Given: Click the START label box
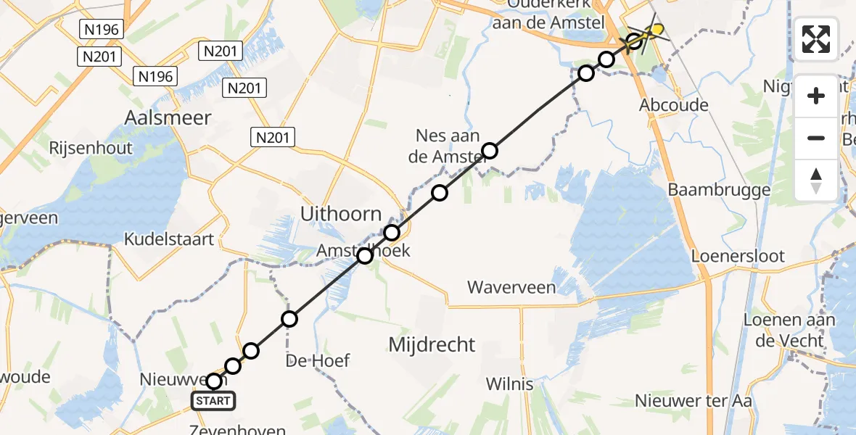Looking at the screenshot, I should point(213,401).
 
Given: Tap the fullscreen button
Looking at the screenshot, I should point(816,39).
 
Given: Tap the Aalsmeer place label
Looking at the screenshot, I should point(168,117).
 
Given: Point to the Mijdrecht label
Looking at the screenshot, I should point(432,344).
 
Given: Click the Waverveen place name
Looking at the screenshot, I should point(511,287).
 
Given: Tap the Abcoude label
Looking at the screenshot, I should point(673,105).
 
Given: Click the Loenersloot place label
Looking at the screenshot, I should point(738,256).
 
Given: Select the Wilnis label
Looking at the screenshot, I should point(509,384).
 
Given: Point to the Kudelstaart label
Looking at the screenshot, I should point(168,239).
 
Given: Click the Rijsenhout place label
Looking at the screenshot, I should point(91,148).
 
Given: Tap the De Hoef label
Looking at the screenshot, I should point(318,360).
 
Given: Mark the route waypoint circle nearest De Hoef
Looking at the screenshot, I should point(289,318).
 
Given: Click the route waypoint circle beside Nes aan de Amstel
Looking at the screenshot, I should point(490,151).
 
